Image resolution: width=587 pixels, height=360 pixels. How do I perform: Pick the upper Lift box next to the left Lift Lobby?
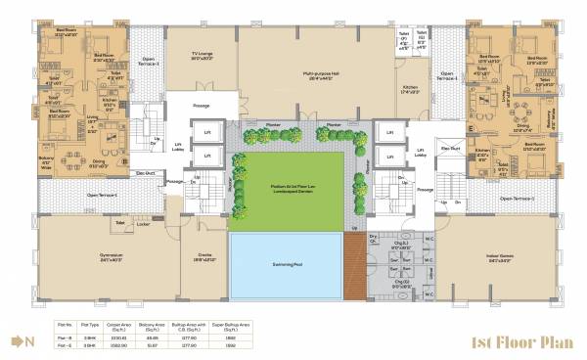(207, 131)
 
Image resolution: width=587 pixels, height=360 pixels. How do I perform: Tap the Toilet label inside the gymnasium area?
(120, 223)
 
